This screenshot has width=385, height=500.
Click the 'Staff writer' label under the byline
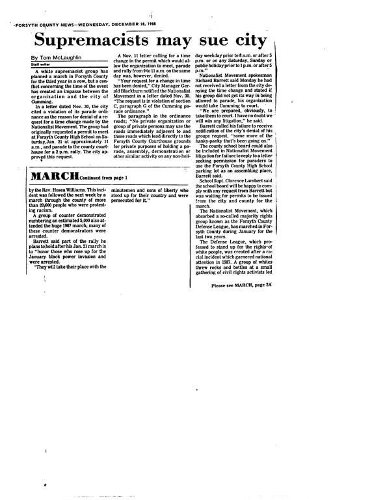(x=42, y=64)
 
